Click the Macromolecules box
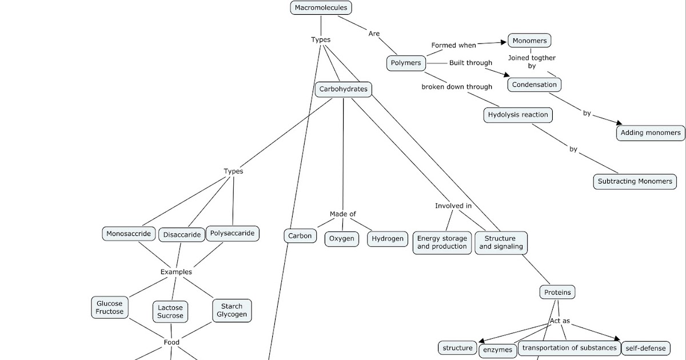point(321,8)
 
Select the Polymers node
point(406,63)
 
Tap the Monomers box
point(529,41)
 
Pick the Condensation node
point(534,85)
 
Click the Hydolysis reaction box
point(518,115)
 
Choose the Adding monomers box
point(651,133)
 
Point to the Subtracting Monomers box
point(635,182)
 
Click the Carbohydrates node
point(343,89)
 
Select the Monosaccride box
point(129,234)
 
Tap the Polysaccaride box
point(232,234)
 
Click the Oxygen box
point(342,239)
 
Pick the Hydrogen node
point(387,239)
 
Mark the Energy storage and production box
point(442,242)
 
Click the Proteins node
point(557,293)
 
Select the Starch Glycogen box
point(232,310)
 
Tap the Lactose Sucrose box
point(170,311)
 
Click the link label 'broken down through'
point(457,87)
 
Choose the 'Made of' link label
point(342,214)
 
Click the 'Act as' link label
point(559,321)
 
